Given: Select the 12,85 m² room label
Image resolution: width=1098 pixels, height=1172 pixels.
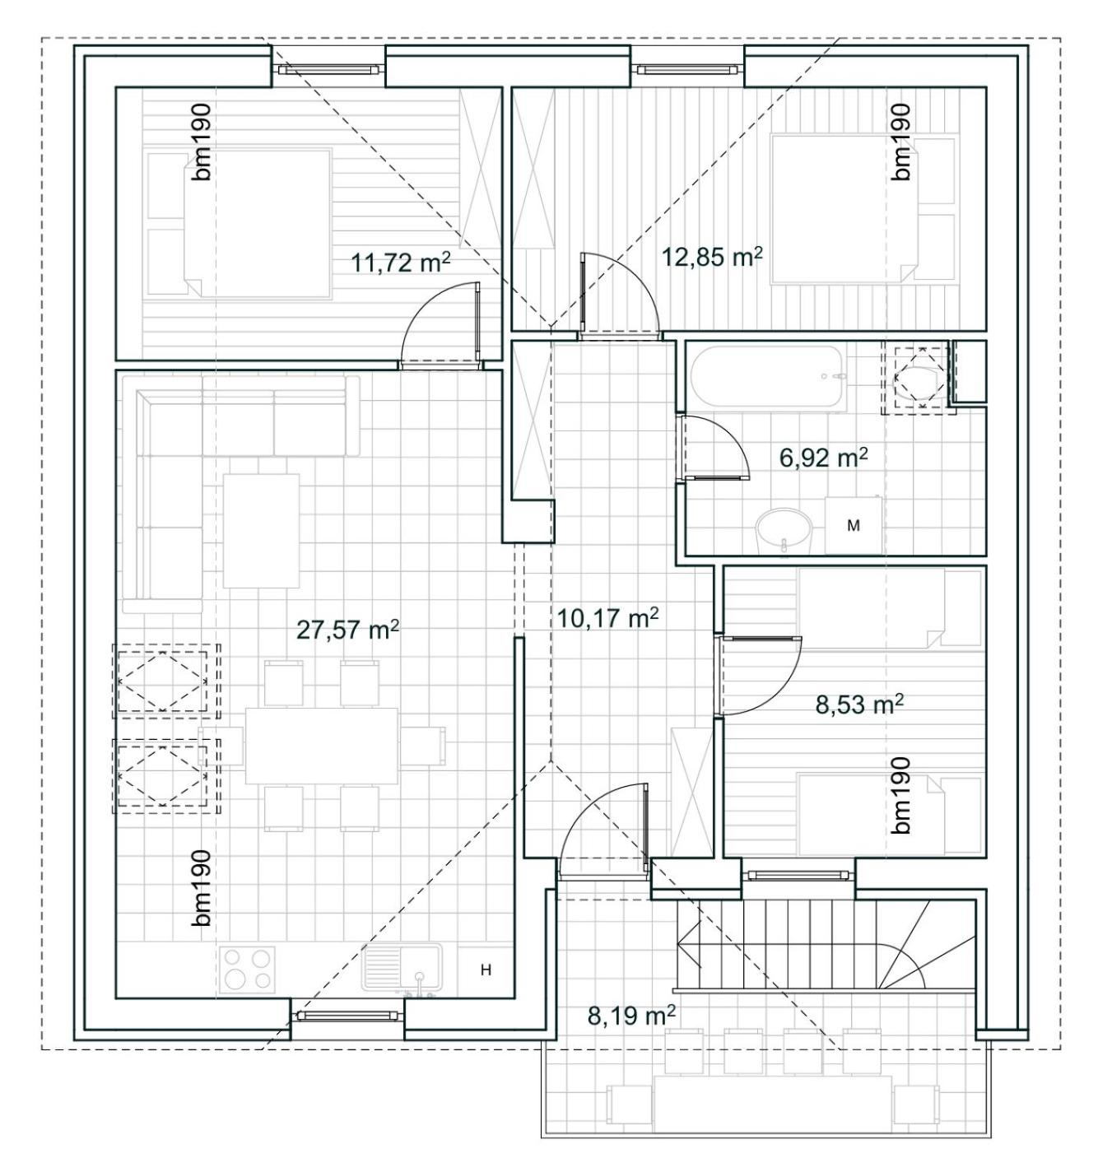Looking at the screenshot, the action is [x=712, y=257].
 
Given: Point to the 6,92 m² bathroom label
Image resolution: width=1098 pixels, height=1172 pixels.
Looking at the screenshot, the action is [x=823, y=458].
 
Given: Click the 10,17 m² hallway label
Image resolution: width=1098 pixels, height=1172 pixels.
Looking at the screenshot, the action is [x=607, y=618].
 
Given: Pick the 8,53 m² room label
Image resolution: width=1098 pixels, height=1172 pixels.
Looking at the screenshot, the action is [x=859, y=705].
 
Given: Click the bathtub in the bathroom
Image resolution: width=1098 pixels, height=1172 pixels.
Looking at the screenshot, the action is [x=770, y=376].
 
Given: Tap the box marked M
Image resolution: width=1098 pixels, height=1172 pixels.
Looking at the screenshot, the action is [x=853, y=525].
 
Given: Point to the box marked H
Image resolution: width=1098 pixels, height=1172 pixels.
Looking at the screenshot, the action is [x=486, y=970].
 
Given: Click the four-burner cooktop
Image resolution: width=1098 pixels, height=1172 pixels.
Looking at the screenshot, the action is [x=247, y=969].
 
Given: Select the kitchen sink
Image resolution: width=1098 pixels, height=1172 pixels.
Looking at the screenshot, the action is [x=402, y=968].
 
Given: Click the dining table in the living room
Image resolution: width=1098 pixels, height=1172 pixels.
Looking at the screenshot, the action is [x=322, y=746].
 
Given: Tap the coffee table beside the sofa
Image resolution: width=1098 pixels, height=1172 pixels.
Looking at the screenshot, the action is [x=261, y=531].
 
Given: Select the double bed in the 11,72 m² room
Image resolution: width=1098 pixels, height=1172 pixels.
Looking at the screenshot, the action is [x=239, y=223].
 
